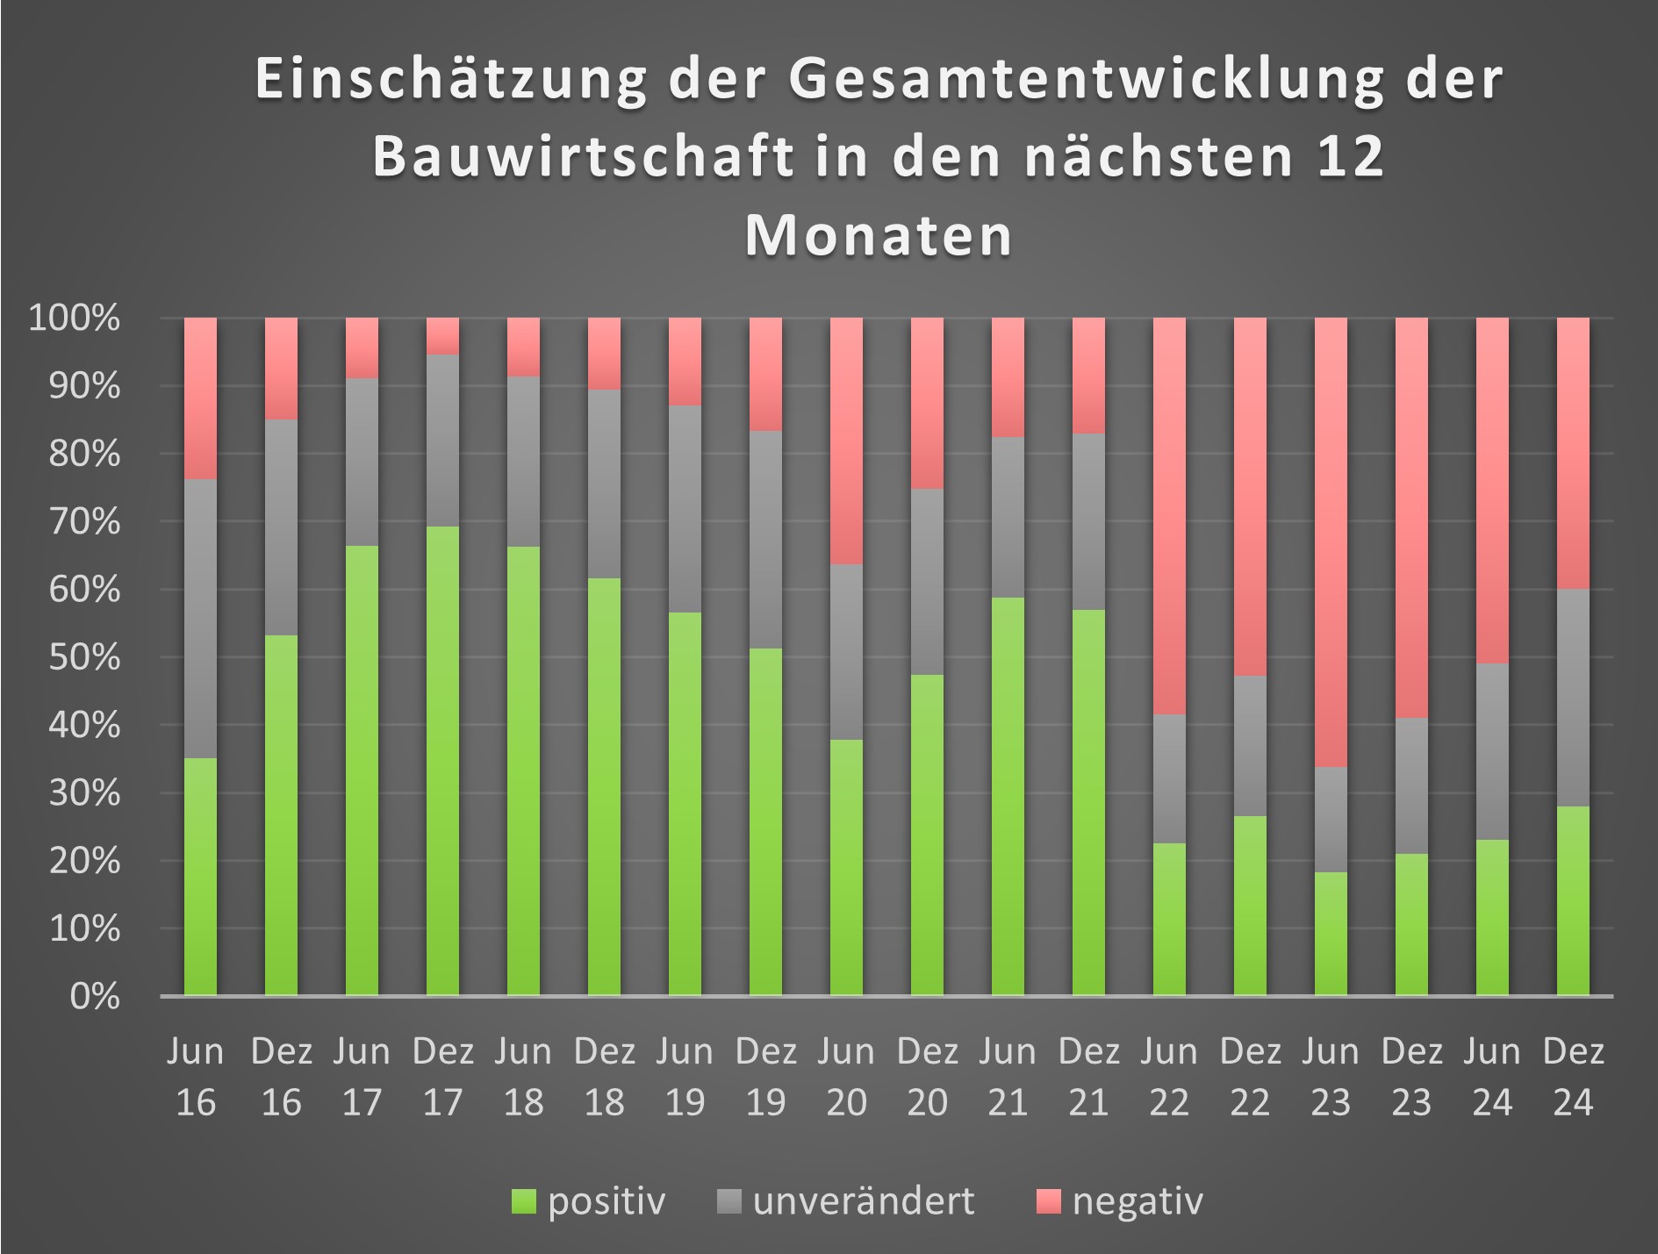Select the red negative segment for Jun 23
click(1331, 541)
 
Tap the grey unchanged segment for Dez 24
click(1573, 697)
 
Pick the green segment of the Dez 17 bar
click(442, 760)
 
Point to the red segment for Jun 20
click(846, 441)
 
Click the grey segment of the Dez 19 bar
click(765, 539)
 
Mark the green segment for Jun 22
click(1169, 919)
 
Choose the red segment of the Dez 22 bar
click(1250, 496)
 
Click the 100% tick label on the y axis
click(75, 318)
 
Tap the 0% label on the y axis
click(94, 996)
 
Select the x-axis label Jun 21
click(1008, 1076)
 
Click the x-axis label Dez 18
click(604, 1076)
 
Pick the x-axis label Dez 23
click(1411, 1076)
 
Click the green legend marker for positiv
click(523, 1201)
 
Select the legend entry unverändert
click(863, 1200)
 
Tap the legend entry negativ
click(1137, 1200)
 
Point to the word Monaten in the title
click(879, 235)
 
